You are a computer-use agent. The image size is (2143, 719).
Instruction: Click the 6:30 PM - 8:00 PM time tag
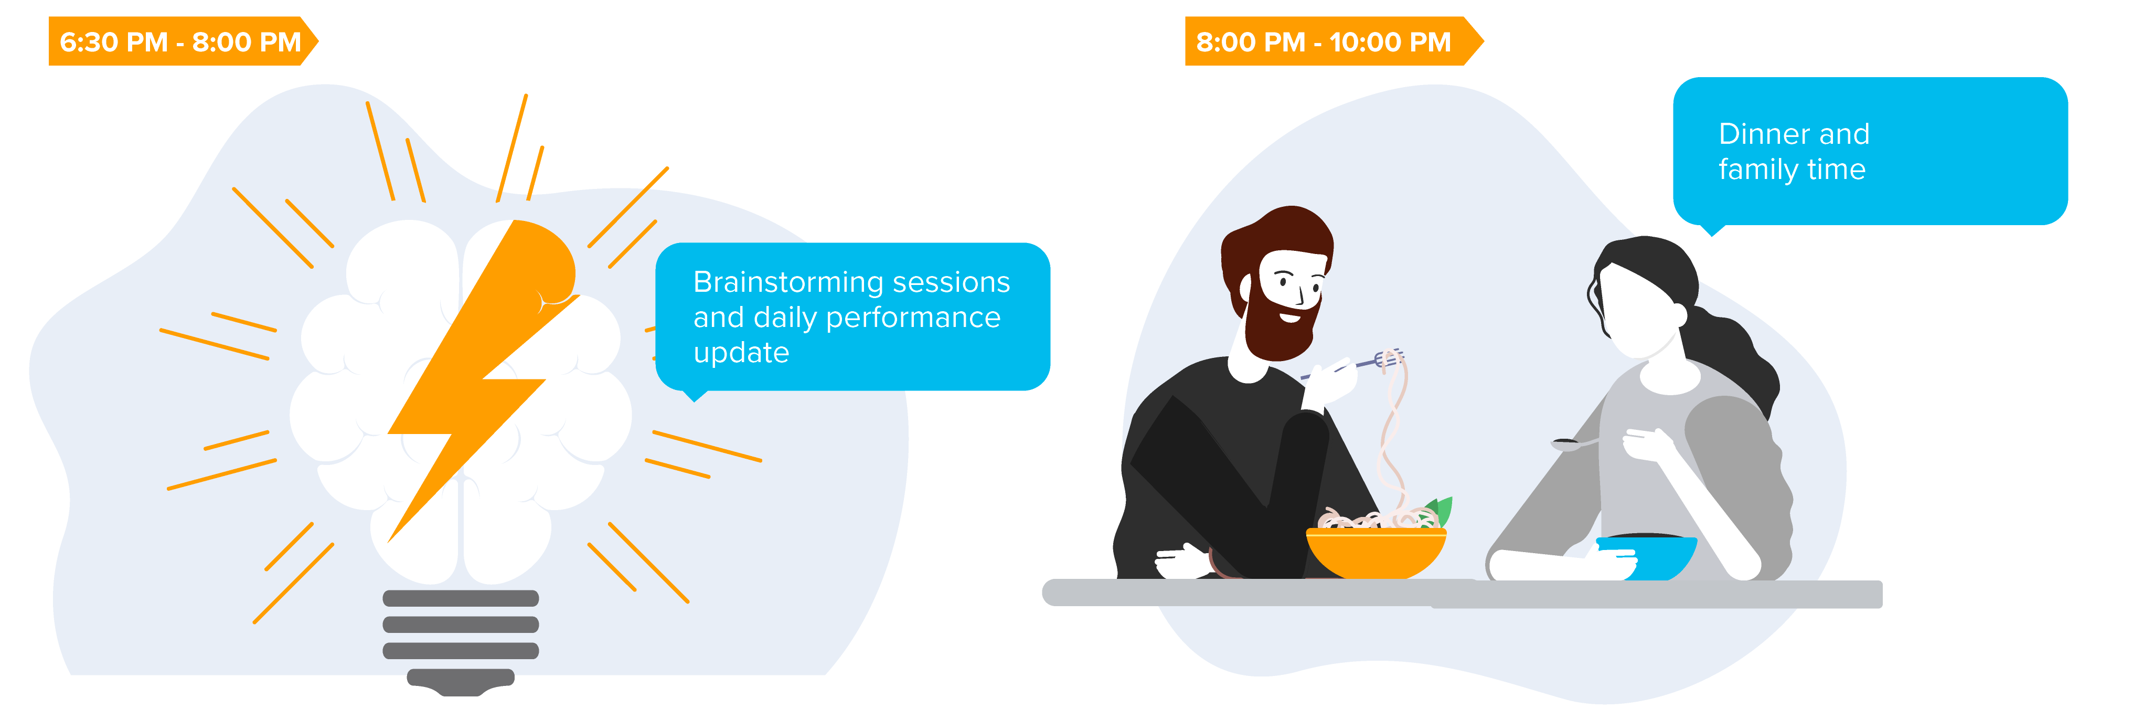pyautogui.click(x=183, y=41)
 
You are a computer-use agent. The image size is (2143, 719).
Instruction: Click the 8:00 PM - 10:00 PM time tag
pyautogui.click(x=1334, y=41)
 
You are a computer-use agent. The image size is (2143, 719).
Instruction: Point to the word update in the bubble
pyautogui.click(x=741, y=353)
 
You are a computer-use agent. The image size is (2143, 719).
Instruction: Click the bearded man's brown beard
pyautogui.click(x=1281, y=320)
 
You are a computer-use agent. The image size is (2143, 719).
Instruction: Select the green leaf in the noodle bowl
pyautogui.click(x=1442, y=509)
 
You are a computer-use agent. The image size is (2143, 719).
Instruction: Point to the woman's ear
pyautogui.click(x=1678, y=314)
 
